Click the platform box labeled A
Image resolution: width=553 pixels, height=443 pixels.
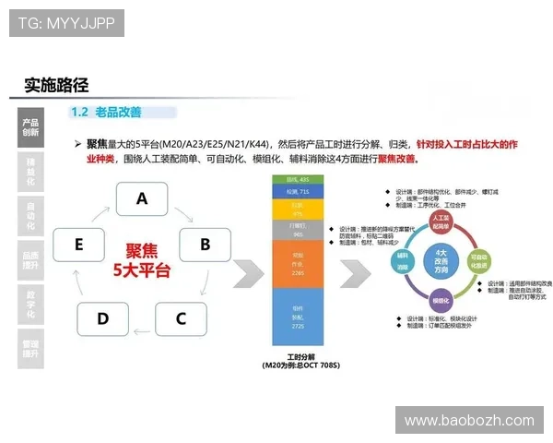tap(142, 198)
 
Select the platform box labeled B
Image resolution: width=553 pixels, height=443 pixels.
tap(205, 245)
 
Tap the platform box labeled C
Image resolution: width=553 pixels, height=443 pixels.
tap(181, 319)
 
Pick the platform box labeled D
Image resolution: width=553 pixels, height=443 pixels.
tap(102, 319)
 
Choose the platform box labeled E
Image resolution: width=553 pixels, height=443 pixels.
tap(79, 245)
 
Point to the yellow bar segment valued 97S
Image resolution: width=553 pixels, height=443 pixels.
tap(298, 209)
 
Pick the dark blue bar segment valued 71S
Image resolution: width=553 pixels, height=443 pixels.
tap(298, 190)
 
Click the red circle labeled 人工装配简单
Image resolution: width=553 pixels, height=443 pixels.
tap(440, 221)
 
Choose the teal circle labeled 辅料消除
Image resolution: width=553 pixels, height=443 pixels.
tap(402, 259)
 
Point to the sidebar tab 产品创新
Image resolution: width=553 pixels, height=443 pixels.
tap(30, 127)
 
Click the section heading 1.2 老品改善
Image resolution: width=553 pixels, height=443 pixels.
tap(106, 112)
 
